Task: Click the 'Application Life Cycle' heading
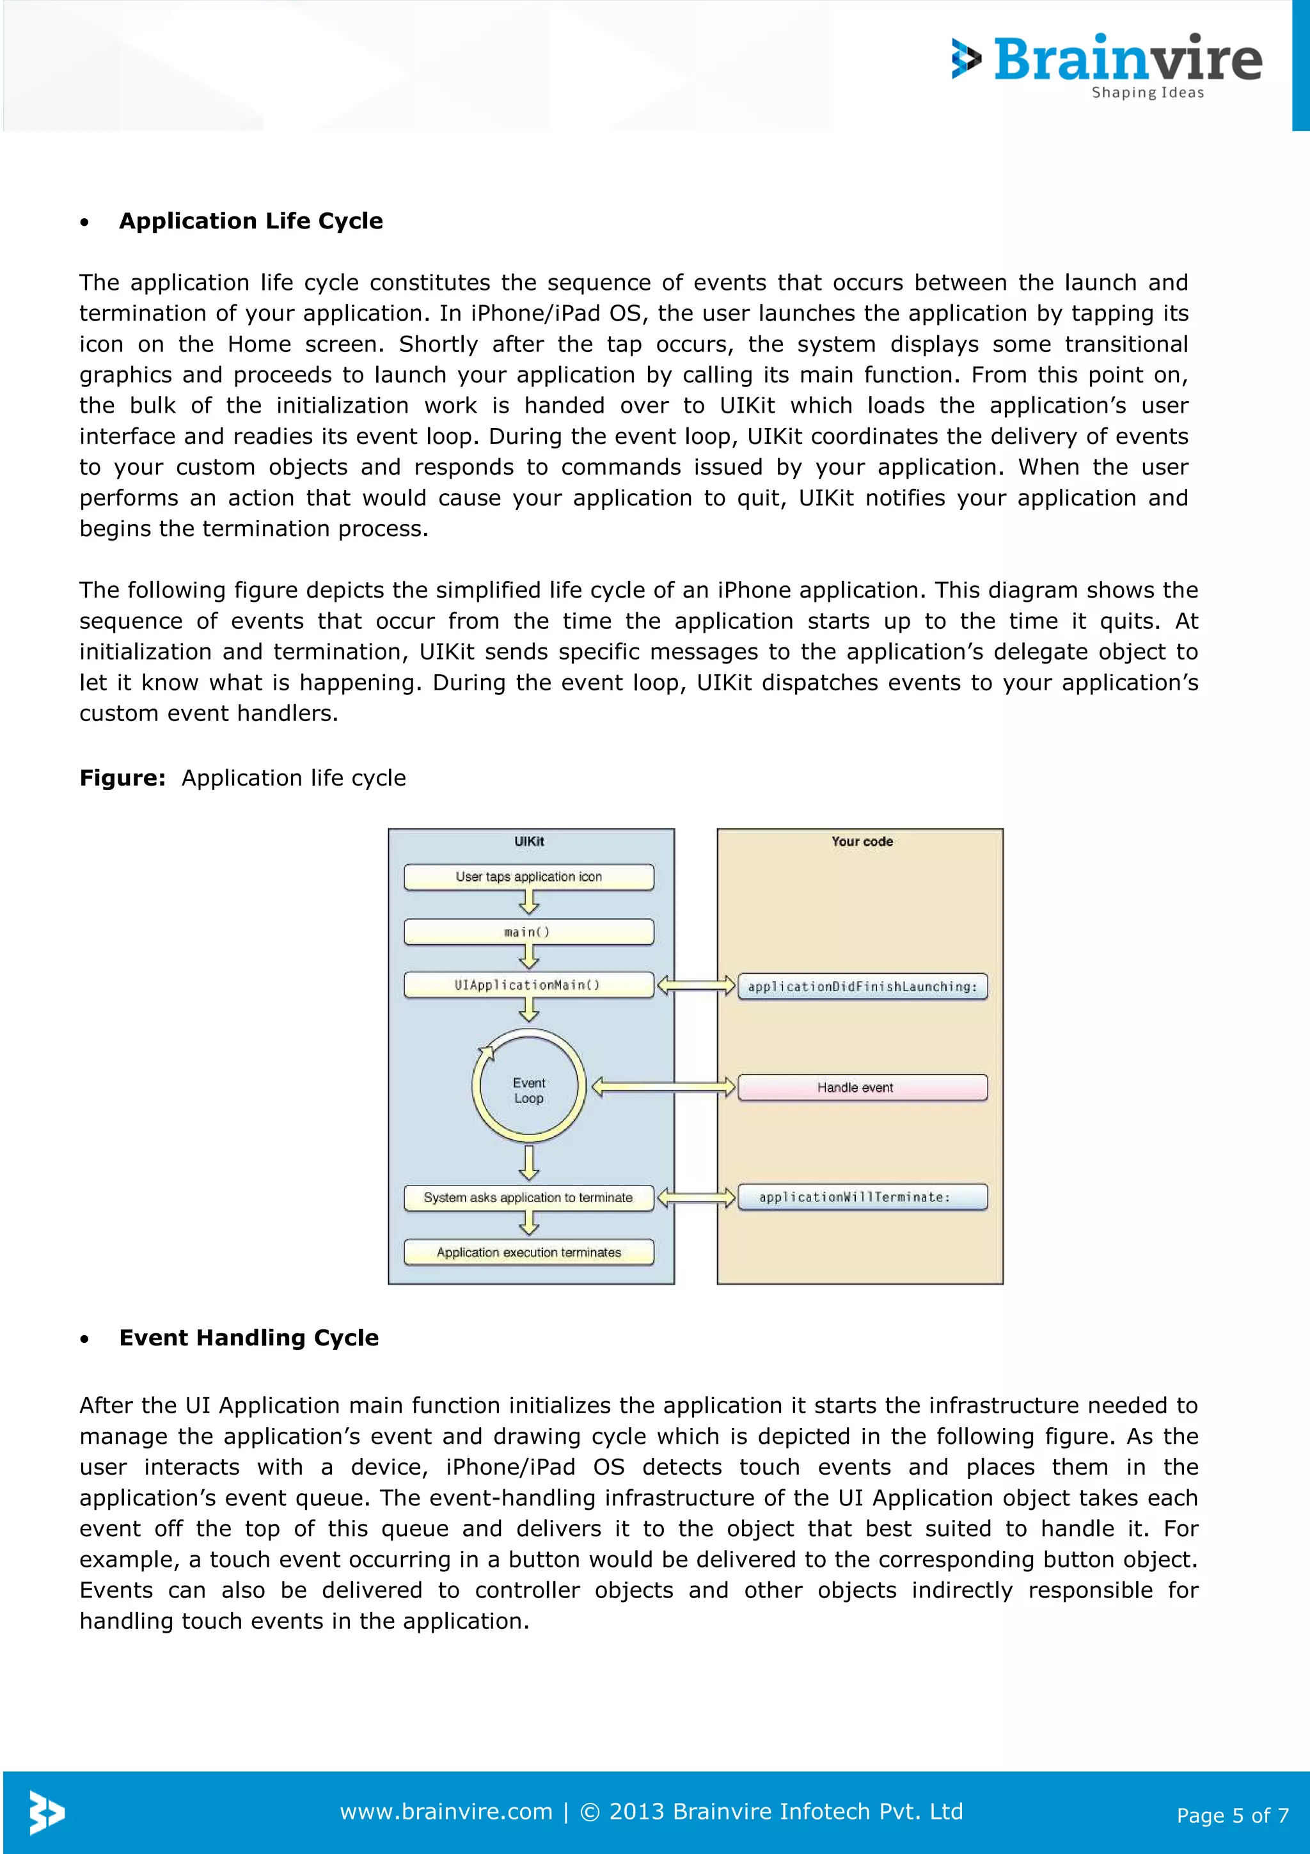[250, 221]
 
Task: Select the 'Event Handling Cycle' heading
[249, 1337]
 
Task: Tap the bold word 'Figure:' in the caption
[122, 777]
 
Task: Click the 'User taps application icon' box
[529, 877]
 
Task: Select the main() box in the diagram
[529, 932]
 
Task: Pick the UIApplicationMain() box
[529, 985]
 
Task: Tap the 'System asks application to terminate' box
[529, 1198]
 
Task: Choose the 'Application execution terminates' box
[529, 1253]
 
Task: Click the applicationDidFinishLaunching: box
[862, 986]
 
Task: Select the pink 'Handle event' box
[862, 1088]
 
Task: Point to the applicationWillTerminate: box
[862, 1198]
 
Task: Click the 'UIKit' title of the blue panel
[529, 841]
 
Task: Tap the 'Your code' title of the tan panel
[862, 841]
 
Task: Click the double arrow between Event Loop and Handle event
[663, 1087]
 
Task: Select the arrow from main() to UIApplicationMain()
[529, 958]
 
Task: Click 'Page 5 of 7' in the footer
[1232, 1815]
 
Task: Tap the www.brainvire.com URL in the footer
[446, 1811]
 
